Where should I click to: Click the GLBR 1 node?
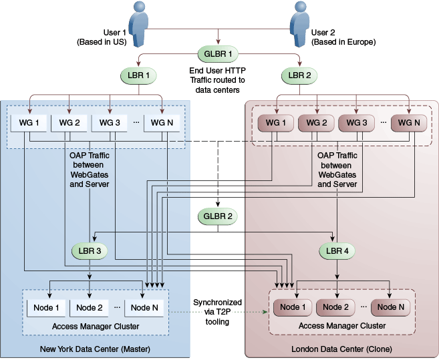coord(218,53)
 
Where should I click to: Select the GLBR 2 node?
coord(218,216)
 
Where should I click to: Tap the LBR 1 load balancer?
coord(138,75)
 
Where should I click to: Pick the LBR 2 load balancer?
coord(299,75)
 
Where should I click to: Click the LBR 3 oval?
coord(90,251)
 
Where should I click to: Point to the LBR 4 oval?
coord(337,251)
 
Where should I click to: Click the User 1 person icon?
coord(138,24)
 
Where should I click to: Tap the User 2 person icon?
coord(299,24)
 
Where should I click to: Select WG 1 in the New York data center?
coord(29,123)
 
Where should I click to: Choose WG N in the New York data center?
coord(162,123)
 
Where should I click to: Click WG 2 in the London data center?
coord(316,123)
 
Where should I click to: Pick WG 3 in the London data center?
coord(356,123)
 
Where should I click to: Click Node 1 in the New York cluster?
coord(46,308)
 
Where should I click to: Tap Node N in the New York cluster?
coord(144,308)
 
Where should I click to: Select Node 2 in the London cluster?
coord(335,307)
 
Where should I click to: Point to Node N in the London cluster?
coord(391,307)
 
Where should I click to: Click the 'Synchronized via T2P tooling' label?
coord(218,312)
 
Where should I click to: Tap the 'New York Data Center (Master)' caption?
coord(95,349)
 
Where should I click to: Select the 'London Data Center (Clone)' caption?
coord(341,349)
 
